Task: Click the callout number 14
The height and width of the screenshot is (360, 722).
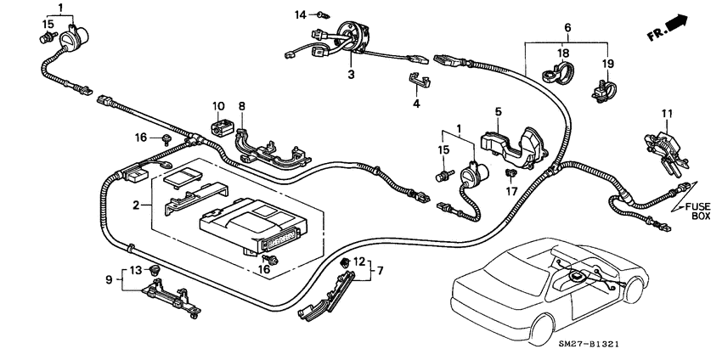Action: [300, 14]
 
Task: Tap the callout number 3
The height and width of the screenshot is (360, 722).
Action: [350, 75]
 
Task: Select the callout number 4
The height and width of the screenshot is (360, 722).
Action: [416, 104]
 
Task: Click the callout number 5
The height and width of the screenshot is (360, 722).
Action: [499, 110]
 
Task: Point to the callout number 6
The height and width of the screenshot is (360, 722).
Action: [567, 28]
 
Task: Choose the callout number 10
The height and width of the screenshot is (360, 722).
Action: [217, 106]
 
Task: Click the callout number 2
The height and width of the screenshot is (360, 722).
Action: [134, 205]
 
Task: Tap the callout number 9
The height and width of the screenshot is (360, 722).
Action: [109, 278]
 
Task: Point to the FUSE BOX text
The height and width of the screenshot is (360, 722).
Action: [693, 210]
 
